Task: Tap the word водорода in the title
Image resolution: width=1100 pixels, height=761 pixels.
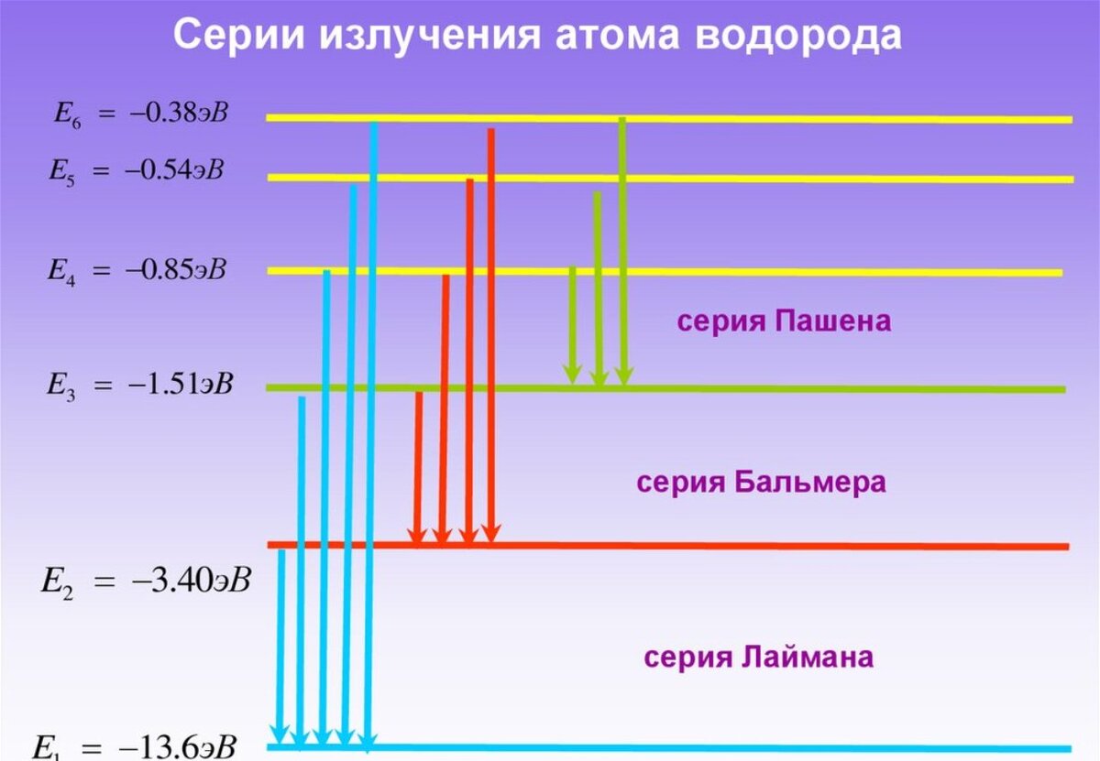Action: [x=798, y=37]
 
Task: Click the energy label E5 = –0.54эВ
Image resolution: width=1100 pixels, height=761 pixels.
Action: [x=137, y=171]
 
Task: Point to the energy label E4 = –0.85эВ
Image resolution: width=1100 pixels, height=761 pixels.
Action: [x=137, y=271]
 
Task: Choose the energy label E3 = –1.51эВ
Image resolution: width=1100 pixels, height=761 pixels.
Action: [x=140, y=385]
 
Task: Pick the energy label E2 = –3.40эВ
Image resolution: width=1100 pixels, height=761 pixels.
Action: [x=146, y=582]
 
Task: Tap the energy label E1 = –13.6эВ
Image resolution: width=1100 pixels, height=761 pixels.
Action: [x=136, y=746]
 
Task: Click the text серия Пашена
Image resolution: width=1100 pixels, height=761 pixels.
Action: [x=784, y=321]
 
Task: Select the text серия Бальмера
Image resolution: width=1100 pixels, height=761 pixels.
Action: [x=762, y=483]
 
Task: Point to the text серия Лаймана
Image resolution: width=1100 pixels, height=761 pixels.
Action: [x=759, y=658]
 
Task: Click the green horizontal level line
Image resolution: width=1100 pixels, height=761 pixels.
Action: [x=825, y=389]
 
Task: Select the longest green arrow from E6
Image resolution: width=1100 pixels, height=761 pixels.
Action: [x=623, y=247]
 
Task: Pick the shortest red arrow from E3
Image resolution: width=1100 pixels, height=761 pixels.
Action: [x=418, y=467]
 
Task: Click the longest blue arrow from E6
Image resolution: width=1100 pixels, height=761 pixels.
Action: [x=371, y=430]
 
